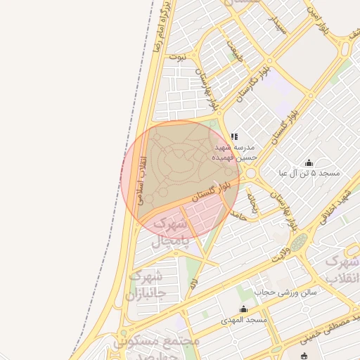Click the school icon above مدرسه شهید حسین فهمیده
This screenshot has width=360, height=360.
click(x=234, y=136)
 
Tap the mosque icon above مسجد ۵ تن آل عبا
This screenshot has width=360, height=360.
click(x=309, y=163)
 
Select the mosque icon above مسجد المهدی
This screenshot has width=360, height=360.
click(x=243, y=309)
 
